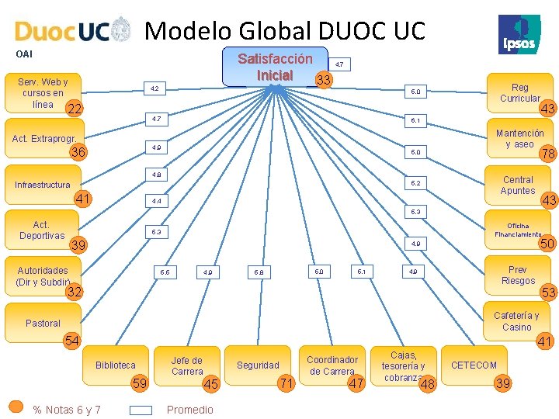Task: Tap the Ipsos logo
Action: pyautogui.click(x=519, y=34)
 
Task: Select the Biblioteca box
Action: pyautogui.click(x=115, y=365)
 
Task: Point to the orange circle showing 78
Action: pyautogui.click(x=547, y=153)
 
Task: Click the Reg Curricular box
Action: pyautogui.click(x=519, y=92)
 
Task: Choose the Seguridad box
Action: pyautogui.click(x=258, y=365)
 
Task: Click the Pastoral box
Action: pyautogui.click(x=43, y=323)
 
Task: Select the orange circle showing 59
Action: pyautogui.click(x=141, y=383)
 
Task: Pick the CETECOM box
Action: pyautogui.click(x=474, y=365)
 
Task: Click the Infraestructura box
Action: pyautogui.click(x=43, y=185)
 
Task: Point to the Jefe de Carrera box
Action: pyautogui.click(x=186, y=365)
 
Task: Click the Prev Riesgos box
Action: pyautogui.click(x=517, y=275)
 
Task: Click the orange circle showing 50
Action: pyautogui.click(x=547, y=244)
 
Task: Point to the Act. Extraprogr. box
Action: pyautogui.click(x=43, y=139)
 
